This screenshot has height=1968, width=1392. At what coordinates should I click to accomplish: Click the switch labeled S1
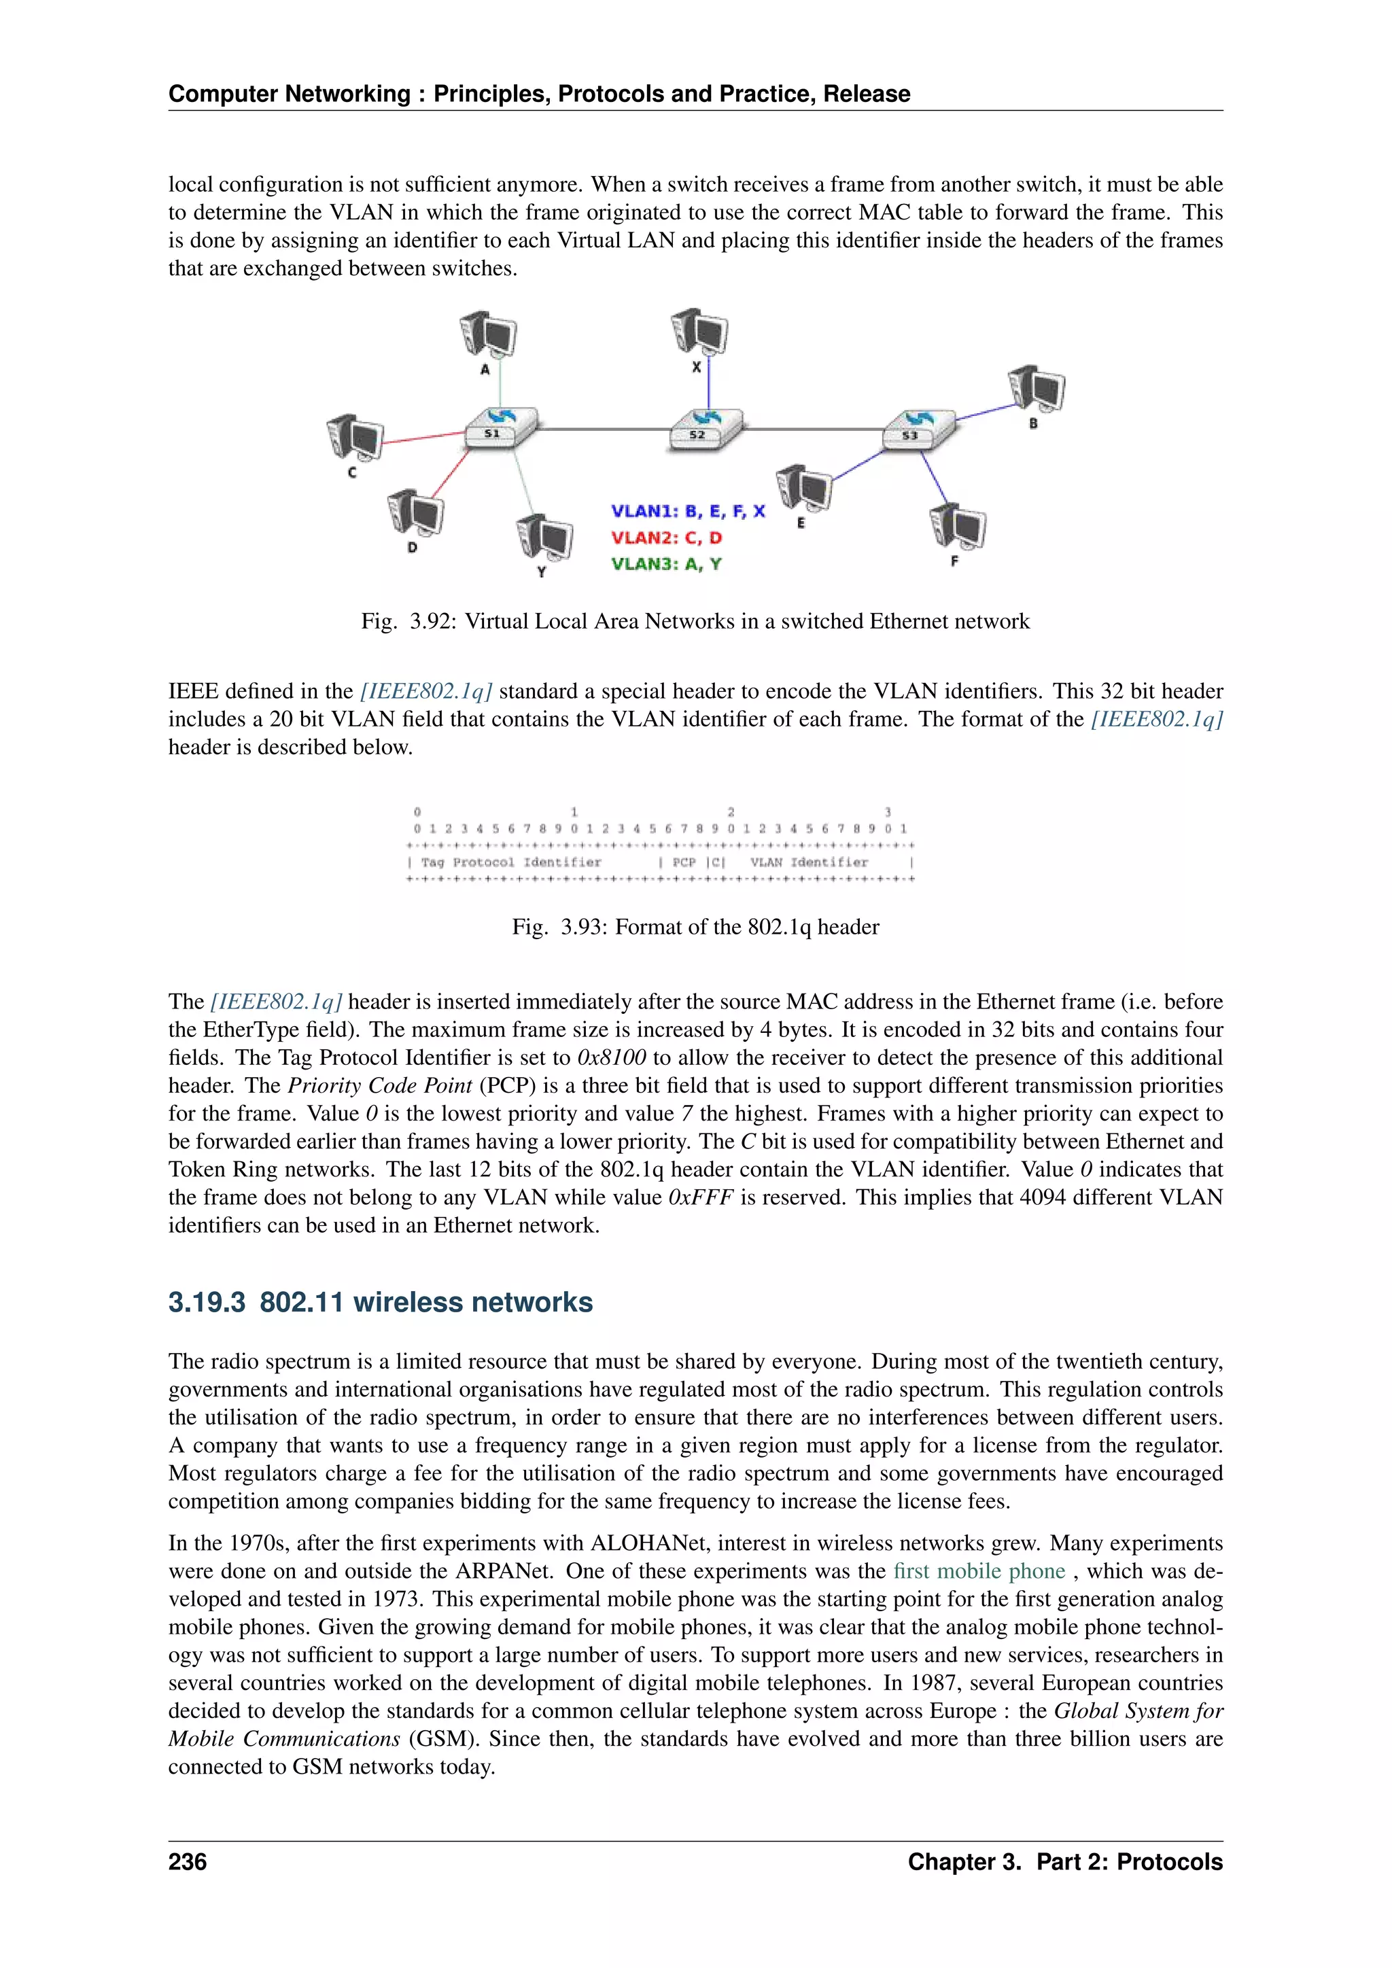[500, 427]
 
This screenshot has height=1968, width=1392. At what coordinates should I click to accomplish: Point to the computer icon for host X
[699, 332]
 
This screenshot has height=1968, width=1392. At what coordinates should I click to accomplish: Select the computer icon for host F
[958, 526]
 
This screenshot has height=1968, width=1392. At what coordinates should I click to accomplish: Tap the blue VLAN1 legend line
[687, 512]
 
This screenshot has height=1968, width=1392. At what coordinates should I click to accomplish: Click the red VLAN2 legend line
[666, 538]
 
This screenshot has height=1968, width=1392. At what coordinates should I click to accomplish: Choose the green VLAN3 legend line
[666, 564]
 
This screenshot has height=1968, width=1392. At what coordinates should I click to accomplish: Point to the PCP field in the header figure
[684, 862]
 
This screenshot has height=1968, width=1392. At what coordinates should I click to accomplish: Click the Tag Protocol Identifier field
[511, 862]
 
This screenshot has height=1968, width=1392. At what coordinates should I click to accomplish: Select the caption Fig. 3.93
[695, 926]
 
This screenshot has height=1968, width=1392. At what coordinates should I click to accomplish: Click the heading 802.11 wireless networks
[380, 1302]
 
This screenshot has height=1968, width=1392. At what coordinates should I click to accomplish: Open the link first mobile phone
[979, 1571]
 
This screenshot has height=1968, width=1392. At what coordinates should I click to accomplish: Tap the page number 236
[188, 1862]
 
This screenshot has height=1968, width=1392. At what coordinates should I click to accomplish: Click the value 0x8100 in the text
[611, 1057]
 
